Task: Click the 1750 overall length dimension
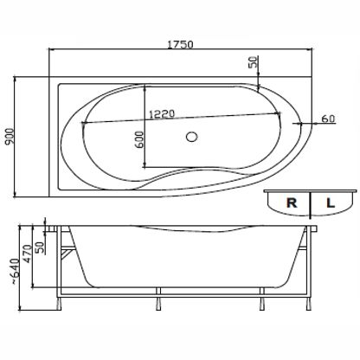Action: pos(180,44)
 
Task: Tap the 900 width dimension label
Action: pos(10,137)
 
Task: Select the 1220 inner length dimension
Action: pos(162,113)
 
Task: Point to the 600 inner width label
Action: pos(139,139)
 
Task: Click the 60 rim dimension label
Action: pos(328,119)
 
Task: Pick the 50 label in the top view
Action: pos(253,61)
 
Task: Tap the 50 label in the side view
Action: pos(41,247)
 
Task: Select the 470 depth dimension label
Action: pos(28,254)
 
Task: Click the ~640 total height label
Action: pos(16,272)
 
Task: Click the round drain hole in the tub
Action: pos(191,137)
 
